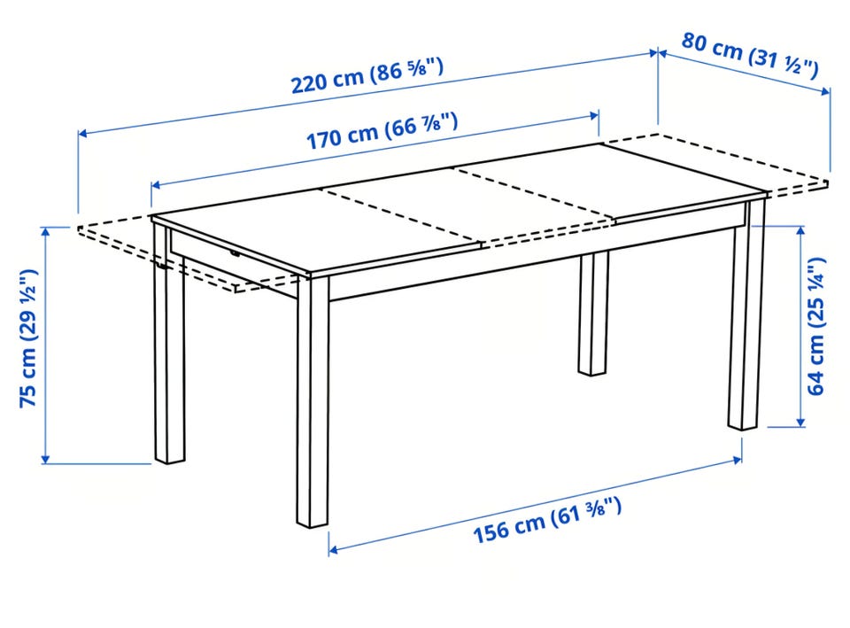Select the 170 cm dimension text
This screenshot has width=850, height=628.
coord(382,131)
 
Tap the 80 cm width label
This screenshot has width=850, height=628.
coord(750,55)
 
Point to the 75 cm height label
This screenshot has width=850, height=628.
coord(28,337)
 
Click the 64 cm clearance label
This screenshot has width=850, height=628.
coord(815,327)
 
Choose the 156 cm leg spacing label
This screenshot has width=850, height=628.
coord(547,520)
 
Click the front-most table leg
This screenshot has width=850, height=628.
coord(313,401)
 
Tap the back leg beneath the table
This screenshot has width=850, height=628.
coord(593,314)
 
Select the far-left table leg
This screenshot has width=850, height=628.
coord(168,343)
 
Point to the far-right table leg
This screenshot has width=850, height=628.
coord(746,314)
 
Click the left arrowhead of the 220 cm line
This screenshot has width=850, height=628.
coord(83,133)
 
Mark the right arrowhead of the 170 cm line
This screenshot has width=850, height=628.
coord(594,115)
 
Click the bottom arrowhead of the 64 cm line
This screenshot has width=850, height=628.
coord(800,422)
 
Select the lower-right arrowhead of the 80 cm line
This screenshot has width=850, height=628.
coord(825,91)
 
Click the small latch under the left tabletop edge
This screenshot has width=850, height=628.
coord(234,253)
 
